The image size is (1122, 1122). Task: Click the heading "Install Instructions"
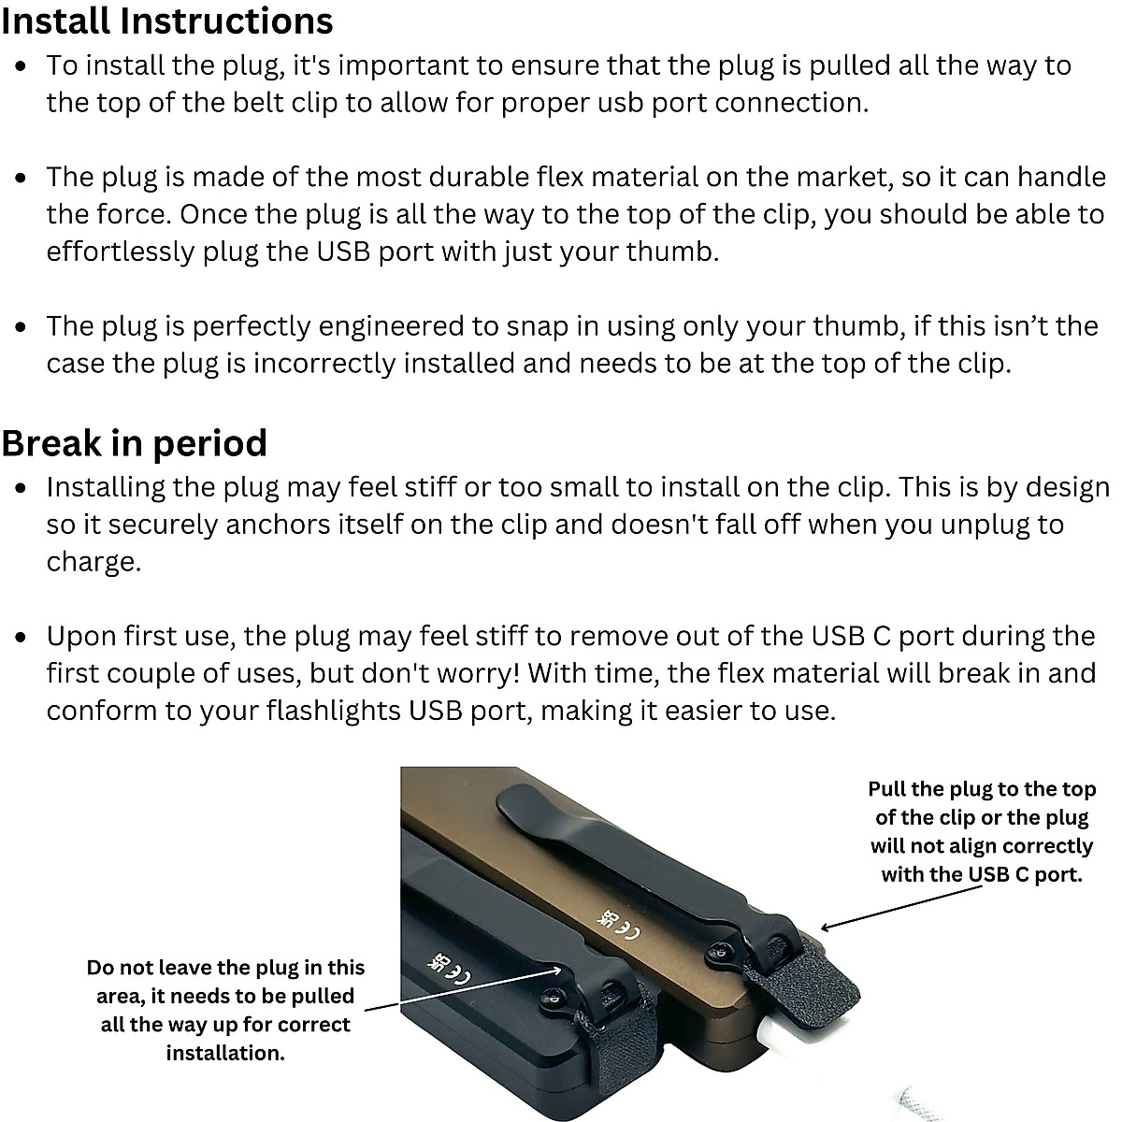point(166,21)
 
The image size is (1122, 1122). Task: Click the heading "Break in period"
point(134,443)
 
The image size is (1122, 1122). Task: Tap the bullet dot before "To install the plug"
point(24,66)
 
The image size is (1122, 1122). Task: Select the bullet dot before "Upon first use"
point(24,637)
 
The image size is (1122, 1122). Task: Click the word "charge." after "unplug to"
point(93,563)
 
